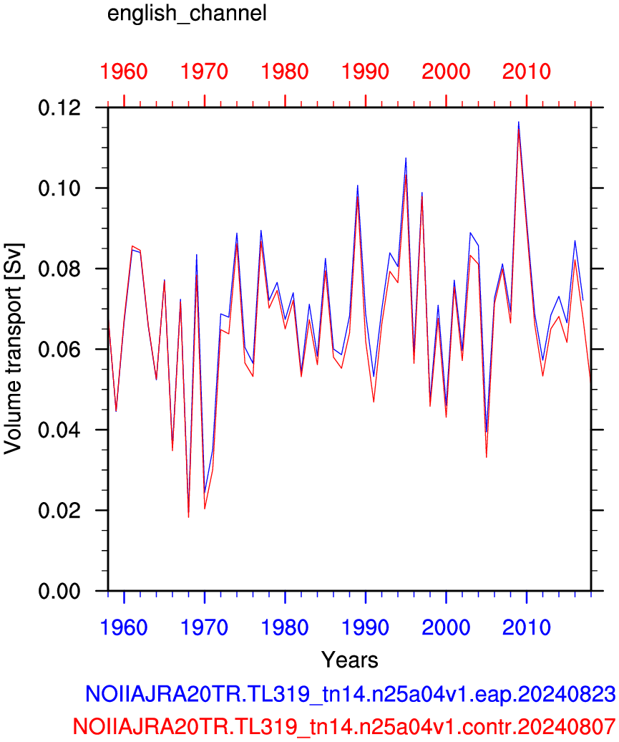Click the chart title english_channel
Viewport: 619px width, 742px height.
[187, 13]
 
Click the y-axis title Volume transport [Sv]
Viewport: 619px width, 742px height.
[13, 350]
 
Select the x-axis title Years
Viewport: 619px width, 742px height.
[350, 660]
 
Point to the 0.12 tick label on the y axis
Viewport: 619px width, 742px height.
[59, 108]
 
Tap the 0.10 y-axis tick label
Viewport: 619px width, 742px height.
[59, 188]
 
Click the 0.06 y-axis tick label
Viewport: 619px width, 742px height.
[59, 350]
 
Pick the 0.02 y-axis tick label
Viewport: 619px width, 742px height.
[59, 511]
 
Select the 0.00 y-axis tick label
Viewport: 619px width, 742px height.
[59, 591]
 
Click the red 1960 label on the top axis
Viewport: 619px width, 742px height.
[124, 72]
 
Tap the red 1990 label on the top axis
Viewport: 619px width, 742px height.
[366, 72]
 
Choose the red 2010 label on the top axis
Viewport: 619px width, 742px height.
[527, 72]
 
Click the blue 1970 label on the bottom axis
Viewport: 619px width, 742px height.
[204, 628]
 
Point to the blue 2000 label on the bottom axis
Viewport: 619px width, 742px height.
[446, 628]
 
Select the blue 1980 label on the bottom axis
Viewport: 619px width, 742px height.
[285, 628]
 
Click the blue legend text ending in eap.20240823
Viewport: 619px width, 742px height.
[351, 694]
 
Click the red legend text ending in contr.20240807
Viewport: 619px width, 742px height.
[344, 726]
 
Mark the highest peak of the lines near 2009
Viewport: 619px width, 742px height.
[519, 122]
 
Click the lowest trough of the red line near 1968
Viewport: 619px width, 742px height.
[189, 517]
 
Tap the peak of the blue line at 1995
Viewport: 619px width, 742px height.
[406, 158]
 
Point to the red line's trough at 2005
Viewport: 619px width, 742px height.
[486, 457]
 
